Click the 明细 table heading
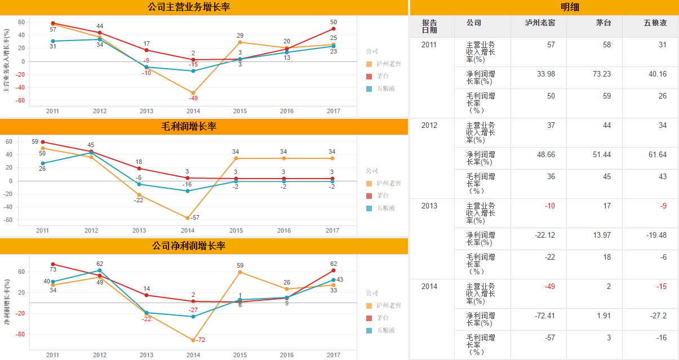[570, 7]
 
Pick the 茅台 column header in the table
[603, 23]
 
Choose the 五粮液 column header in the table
[655, 23]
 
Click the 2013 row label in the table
[429, 206]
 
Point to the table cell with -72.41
[545, 315]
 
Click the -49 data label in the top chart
[193, 98]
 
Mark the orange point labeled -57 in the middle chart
[187, 218]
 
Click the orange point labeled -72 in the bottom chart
[193, 340]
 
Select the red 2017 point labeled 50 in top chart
[334, 29]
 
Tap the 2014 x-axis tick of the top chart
[193, 111]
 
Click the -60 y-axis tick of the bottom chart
[21, 334]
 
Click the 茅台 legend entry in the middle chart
[383, 195]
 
